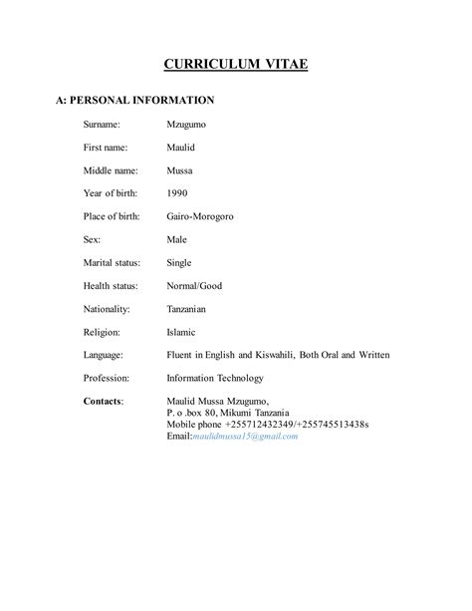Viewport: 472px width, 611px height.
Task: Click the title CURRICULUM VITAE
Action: tap(236, 66)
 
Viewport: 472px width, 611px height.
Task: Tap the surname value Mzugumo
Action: tap(186, 125)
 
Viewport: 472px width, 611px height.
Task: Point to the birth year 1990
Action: tap(176, 193)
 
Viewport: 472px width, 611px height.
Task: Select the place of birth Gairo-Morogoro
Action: tap(199, 216)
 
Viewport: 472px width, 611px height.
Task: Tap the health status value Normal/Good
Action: tap(193, 286)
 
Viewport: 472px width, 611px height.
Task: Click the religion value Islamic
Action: tap(181, 332)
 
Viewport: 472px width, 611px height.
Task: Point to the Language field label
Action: tap(104, 355)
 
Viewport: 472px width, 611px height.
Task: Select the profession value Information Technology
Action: tap(214, 378)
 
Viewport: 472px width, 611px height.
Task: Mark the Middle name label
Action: tap(111, 170)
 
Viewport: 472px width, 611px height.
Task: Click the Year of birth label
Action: tap(110, 193)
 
